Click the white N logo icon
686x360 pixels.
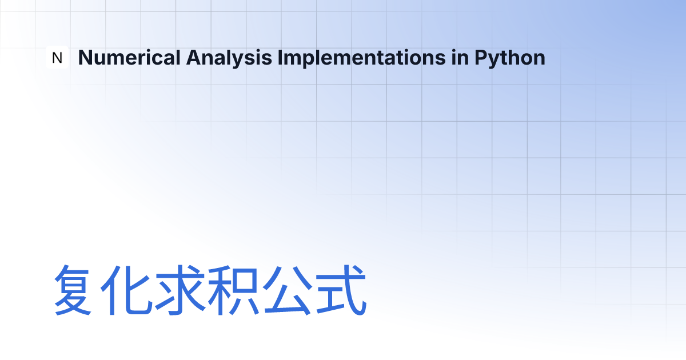[57, 57]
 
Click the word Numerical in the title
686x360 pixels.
[129, 58]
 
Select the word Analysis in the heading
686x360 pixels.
[229, 58]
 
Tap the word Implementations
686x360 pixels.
[361, 58]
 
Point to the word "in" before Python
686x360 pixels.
[460, 58]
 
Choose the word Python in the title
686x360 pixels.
[510, 58]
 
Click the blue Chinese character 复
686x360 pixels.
[73, 290]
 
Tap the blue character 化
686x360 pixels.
[126, 290]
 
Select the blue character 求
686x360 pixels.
[180, 290]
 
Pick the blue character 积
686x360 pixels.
[233, 290]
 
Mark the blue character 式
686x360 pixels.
[341, 290]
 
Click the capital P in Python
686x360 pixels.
[481, 58]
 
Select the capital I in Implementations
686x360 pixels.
[280, 58]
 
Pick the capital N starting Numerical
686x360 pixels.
[85, 58]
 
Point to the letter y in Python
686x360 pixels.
[496, 60]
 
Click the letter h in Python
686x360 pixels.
[518, 58]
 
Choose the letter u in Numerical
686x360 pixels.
[102, 59]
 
